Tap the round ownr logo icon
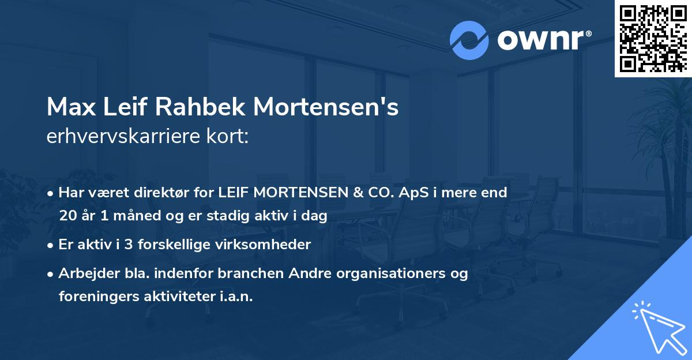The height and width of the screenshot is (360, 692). click(x=469, y=40)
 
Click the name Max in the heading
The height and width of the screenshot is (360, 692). click(x=68, y=107)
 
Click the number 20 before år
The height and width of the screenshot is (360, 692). click(x=67, y=216)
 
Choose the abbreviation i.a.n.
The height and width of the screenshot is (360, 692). click(x=234, y=297)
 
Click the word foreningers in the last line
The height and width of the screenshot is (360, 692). click(x=97, y=297)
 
